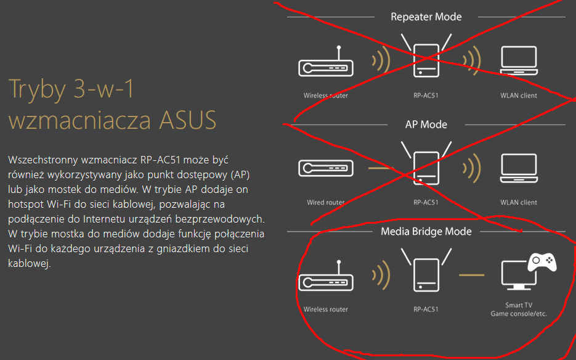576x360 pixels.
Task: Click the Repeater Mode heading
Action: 426,17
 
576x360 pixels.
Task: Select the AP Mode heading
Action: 426,125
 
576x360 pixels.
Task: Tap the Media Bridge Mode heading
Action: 426,232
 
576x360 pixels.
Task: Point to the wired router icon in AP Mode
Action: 325,168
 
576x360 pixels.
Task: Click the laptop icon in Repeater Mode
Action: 519,61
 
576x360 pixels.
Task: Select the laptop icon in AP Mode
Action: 519,168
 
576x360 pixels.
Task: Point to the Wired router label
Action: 325,202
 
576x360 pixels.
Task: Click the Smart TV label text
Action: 518,305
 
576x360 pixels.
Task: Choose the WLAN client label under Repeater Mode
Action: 519,96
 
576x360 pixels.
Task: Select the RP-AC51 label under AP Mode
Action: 426,202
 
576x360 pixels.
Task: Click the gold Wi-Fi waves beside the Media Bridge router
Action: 382,274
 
